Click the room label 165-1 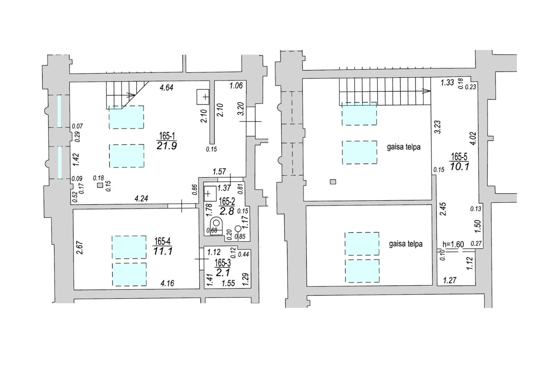(x=167, y=136)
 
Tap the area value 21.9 (x=167, y=146)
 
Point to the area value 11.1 (x=162, y=251)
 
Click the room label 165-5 (x=459, y=157)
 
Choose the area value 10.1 (x=459, y=167)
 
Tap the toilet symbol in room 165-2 (x=216, y=225)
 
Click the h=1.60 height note (x=453, y=244)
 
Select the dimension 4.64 (x=167, y=88)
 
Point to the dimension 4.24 (x=141, y=198)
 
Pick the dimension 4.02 (x=473, y=139)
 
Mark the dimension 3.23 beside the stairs (x=438, y=127)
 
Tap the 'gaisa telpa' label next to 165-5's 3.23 (x=404, y=147)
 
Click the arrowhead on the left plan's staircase (x=132, y=95)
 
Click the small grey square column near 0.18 (x=100, y=185)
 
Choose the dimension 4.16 (x=167, y=283)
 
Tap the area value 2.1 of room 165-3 (x=223, y=272)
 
